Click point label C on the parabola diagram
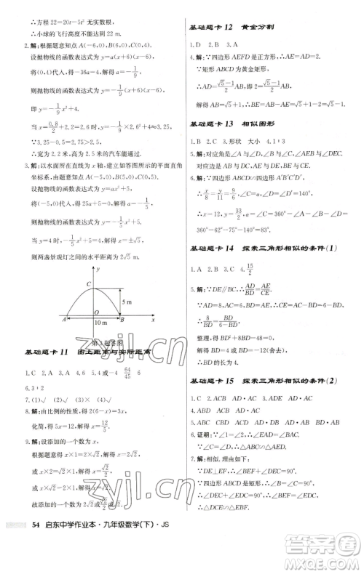coord(88,284)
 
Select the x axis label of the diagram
coord(154,319)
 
